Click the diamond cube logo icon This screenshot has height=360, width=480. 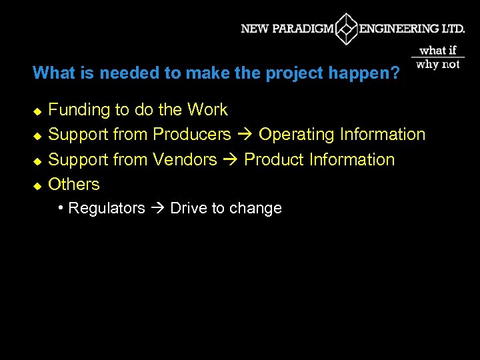click(x=346, y=29)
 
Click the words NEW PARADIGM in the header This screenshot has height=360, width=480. click(x=287, y=29)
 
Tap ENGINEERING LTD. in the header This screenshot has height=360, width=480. click(x=412, y=29)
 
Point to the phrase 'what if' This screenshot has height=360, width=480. click(x=438, y=50)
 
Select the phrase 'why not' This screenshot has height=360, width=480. click(x=438, y=64)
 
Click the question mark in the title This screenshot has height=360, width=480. click(x=396, y=73)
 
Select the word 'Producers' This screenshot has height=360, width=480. click(x=192, y=134)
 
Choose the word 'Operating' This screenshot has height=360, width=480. click(x=297, y=134)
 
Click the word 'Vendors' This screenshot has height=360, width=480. click(x=185, y=159)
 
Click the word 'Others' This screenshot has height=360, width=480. click(x=74, y=184)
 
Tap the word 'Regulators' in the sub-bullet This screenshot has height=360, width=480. click(x=107, y=208)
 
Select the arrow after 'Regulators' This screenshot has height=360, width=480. click(x=157, y=209)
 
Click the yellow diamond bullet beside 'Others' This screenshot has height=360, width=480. click(x=37, y=185)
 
